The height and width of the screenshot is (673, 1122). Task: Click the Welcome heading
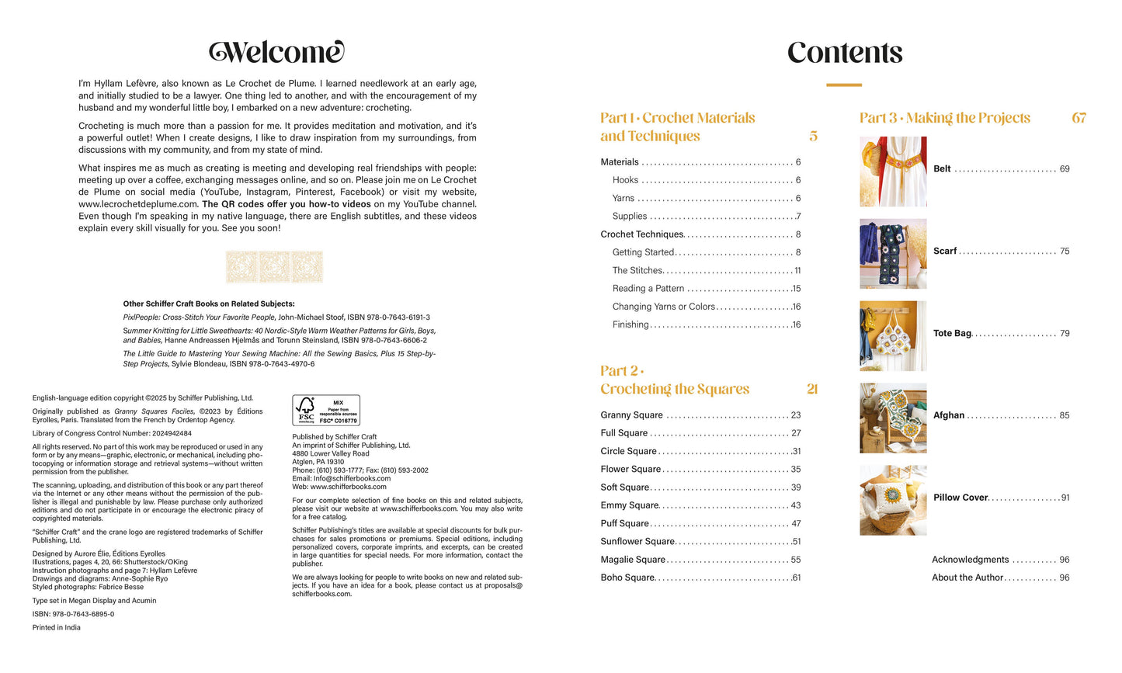tap(276, 52)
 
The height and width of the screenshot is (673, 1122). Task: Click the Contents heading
tap(845, 53)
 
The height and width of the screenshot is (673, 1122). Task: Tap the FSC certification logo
tap(326, 410)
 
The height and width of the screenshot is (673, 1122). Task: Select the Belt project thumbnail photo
tap(893, 172)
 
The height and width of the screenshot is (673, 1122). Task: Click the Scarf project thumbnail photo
tap(893, 254)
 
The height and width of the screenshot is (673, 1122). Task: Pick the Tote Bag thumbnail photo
tap(893, 336)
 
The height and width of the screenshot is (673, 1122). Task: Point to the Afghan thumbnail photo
tap(893, 418)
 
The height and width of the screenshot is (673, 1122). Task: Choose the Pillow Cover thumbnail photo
tap(893, 501)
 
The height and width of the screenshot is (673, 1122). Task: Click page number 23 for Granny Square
tap(796, 415)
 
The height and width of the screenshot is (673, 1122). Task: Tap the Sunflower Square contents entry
tap(637, 542)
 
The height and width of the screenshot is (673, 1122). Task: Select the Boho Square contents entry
tap(627, 578)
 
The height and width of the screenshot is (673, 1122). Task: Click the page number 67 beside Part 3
tap(1079, 118)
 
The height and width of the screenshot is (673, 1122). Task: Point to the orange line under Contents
tap(844, 85)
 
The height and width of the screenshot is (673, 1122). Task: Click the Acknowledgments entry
tap(970, 560)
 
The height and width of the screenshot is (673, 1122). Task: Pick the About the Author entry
tap(967, 578)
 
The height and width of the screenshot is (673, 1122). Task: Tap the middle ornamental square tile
tap(274, 267)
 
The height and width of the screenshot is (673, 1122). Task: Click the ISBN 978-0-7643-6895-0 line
tap(73, 614)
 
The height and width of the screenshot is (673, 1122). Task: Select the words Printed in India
tap(56, 627)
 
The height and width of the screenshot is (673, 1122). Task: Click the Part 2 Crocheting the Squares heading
tap(674, 380)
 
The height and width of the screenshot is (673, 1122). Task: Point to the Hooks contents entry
tap(625, 180)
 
